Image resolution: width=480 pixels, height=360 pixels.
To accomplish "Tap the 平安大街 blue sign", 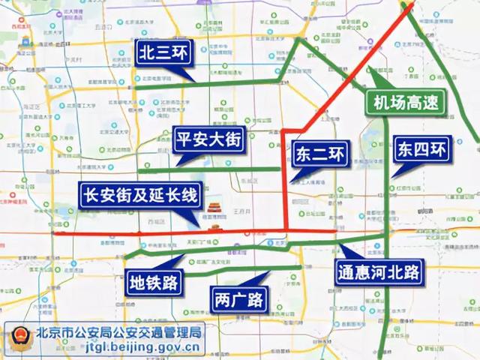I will [x=209, y=139].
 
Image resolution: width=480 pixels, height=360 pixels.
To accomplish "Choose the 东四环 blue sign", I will [x=422, y=148].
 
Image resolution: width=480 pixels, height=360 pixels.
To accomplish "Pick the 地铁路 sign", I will [x=153, y=283].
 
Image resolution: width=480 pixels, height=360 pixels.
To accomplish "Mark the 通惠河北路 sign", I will [x=379, y=271].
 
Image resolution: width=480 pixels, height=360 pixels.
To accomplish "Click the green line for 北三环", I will [x=225, y=83].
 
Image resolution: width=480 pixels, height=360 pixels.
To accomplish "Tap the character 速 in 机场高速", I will [x=430, y=103].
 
